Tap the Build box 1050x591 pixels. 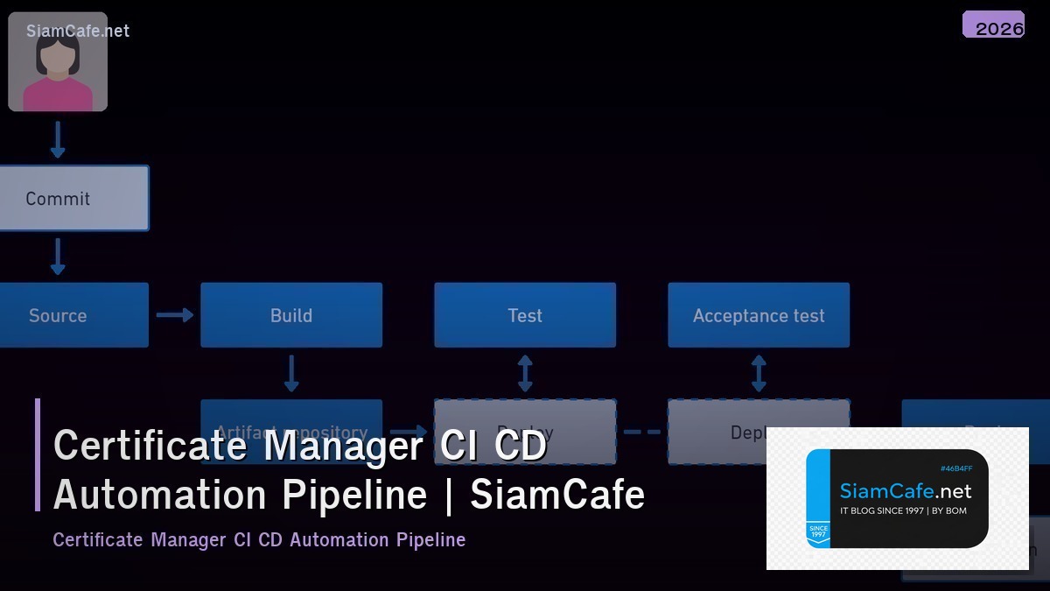pos(291,315)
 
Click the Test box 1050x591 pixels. pos(525,315)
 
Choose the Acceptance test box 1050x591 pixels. pos(759,315)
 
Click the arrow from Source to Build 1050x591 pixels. pos(175,315)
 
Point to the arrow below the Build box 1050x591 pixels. pos(291,373)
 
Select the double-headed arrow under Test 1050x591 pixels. pos(525,373)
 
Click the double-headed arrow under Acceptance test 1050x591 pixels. pos(759,373)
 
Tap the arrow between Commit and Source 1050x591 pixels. pos(58,257)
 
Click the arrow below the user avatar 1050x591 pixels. pos(58,139)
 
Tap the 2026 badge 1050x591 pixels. pos(994,26)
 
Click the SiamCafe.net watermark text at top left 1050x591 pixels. pos(78,31)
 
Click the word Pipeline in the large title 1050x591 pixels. pos(354,495)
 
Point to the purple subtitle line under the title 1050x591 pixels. pos(259,540)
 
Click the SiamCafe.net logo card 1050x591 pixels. pos(897,498)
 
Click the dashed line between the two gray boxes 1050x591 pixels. pos(642,432)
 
